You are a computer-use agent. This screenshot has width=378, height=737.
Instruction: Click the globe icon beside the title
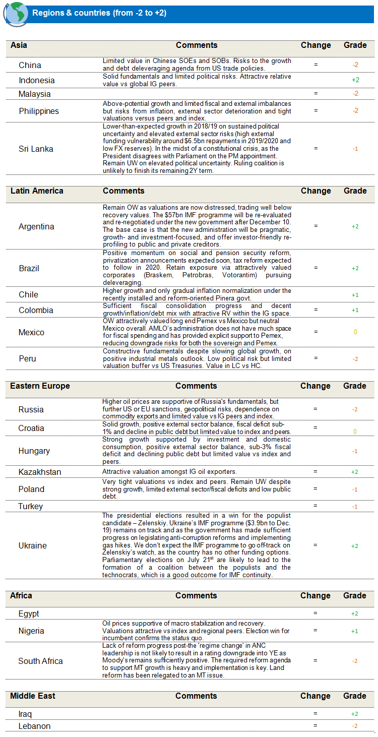pos(15,14)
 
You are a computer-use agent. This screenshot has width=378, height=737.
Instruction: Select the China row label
pos(30,65)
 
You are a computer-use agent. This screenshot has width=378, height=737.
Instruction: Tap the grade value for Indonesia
pos(355,80)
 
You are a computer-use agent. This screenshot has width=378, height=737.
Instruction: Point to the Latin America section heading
pos(37,191)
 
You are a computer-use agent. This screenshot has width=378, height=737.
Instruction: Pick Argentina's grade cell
pos(355,226)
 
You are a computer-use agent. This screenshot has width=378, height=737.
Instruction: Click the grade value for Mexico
pos(355,332)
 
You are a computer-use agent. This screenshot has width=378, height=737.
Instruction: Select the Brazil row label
pos(29,268)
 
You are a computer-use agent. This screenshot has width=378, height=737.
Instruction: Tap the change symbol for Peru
pos(316,358)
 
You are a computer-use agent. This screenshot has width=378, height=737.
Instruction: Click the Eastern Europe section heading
pos(40,386)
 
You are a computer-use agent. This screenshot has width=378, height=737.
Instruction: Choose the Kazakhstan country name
pos(40,472)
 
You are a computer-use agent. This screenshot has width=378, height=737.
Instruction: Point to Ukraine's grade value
pos(355,545)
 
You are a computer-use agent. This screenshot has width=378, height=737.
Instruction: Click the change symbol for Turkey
pos(316,506)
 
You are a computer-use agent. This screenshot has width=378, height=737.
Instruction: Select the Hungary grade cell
pos(355,451)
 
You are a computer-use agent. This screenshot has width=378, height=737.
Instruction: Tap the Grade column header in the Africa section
pos(355,595)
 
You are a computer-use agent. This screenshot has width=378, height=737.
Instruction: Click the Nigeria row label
pos(31,631)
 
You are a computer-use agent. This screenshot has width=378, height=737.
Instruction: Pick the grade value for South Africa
pos(355,661)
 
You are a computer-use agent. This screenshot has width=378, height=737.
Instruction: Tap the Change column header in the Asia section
pos(316,45)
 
